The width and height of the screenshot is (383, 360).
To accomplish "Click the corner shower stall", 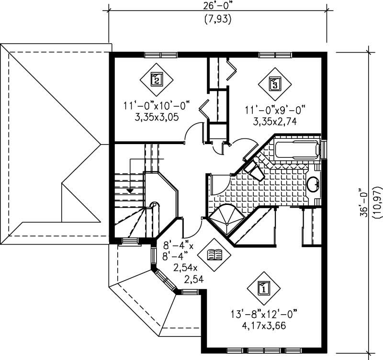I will [x=225, y=218].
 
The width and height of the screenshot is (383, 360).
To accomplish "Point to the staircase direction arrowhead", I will [x=129, y=191].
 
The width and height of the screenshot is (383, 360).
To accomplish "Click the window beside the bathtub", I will [x=324, y=149].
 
